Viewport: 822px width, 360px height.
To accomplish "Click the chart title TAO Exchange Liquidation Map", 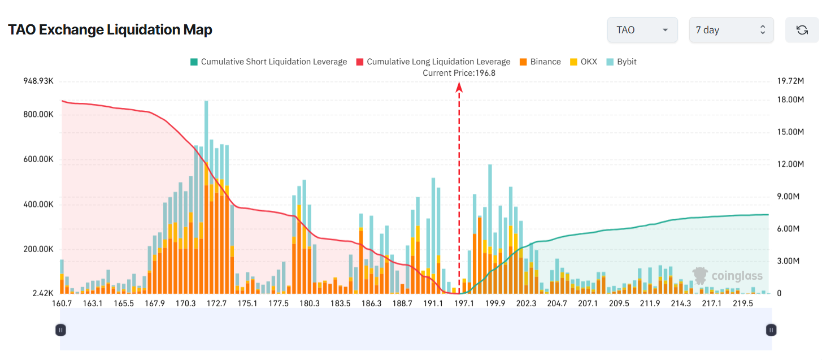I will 110,30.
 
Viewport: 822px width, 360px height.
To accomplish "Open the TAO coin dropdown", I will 642,30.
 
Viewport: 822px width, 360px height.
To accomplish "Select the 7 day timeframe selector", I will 731,30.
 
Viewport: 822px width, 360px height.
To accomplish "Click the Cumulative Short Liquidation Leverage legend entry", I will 268,62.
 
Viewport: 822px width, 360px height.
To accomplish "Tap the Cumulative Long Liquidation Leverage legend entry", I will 433,62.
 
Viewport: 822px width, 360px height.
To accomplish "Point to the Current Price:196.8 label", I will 459,73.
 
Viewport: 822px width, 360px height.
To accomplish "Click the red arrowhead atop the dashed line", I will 459,86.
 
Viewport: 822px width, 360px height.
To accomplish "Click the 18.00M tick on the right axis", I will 790,99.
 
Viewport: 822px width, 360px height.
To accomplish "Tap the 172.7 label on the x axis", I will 216,303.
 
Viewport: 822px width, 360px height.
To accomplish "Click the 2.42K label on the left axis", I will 43,293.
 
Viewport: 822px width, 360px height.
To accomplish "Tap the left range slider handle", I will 60,330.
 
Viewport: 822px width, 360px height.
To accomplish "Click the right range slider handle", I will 771,330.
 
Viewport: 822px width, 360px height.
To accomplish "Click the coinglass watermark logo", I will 728,276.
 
